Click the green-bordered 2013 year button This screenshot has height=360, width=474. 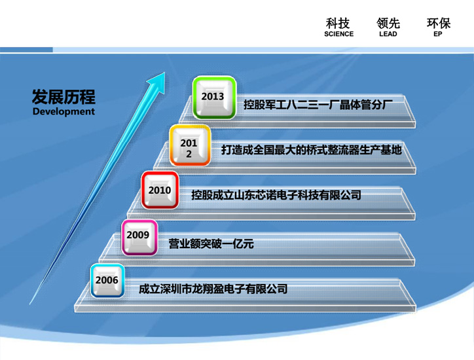click(214, 98)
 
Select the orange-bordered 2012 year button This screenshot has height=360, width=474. click(190, 145)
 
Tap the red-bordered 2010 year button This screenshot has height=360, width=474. click(160, 190)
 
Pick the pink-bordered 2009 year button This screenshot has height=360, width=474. click(139, 238)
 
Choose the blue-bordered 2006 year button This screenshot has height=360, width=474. click(107, 281)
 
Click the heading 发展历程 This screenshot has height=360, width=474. click(64, 97)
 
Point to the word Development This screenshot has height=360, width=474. click(64, 111)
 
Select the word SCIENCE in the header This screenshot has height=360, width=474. click(338, 34)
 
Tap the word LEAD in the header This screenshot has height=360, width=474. click(388, 34)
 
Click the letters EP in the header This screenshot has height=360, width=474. click(438, 34)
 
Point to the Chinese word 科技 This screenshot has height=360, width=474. click(338, 24)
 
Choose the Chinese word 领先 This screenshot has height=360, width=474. click(388, 24)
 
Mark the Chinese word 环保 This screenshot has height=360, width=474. click(439, 24)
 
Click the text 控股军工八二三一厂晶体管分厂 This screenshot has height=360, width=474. click(318, 105)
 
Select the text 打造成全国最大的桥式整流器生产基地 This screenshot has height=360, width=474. click(312, 150)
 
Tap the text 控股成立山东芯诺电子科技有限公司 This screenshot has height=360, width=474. click(276, 195)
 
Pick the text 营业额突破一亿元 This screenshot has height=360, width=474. click(211, 243)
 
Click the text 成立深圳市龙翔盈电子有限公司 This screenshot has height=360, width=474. click(213, 289)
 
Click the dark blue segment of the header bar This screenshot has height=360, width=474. click(26, 50)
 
